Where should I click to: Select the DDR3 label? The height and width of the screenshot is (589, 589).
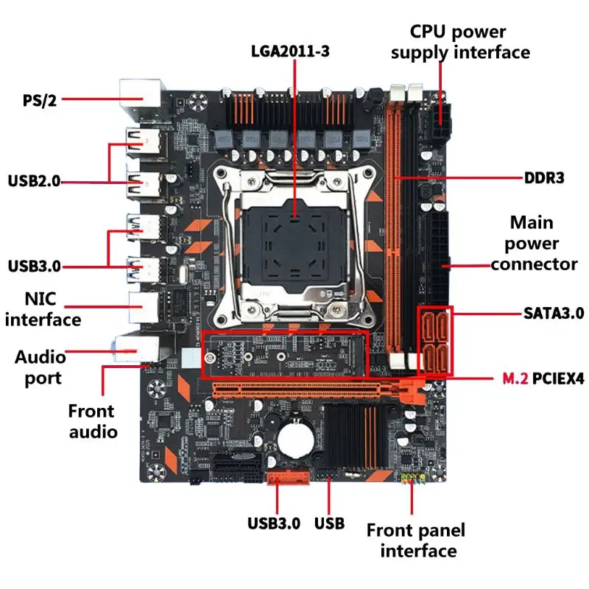544,178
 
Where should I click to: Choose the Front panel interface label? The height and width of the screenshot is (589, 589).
416,540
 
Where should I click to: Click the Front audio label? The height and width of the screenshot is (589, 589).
93,420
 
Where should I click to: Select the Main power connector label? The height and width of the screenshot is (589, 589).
534,243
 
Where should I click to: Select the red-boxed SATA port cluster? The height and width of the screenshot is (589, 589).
435,340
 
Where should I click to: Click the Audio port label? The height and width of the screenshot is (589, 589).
40,367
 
